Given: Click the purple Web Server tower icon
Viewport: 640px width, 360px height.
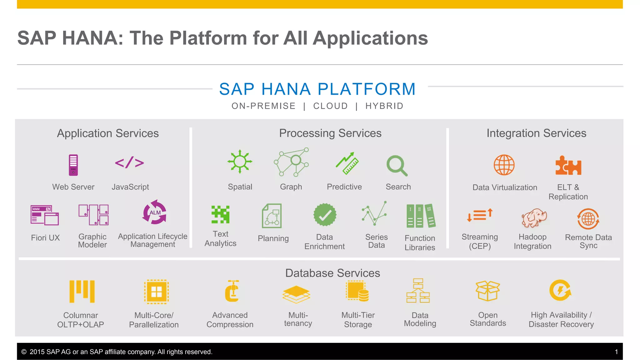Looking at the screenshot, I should point(73,165).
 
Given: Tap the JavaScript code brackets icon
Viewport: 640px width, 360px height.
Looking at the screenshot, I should point(129,163).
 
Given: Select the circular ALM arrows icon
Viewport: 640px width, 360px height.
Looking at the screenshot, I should point(155,212).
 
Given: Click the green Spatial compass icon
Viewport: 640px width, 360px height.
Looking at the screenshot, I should point(240,162).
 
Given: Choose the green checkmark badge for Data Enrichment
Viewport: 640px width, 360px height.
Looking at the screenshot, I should point(325,215).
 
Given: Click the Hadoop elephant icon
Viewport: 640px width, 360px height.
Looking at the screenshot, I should point(534,218).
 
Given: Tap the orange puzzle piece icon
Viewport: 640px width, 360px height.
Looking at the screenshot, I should point(568,165).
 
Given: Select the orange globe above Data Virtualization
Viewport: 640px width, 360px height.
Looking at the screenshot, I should point(504,165).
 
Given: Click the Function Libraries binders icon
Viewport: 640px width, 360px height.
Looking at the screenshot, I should point(421,216).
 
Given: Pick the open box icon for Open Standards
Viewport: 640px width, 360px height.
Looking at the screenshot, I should point(488,291).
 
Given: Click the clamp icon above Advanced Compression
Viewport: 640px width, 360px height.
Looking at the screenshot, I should point(232,291).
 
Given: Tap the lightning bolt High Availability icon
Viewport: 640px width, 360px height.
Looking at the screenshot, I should point(560,290).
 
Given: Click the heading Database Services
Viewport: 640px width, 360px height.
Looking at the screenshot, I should point(332,273).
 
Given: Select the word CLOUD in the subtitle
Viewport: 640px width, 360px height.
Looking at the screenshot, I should point(331,106).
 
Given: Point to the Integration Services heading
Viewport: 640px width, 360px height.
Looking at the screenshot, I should point(536,133).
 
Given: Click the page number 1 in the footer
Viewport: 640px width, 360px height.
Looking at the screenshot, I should point(616,352).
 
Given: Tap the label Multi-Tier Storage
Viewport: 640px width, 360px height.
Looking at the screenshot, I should point(358,320).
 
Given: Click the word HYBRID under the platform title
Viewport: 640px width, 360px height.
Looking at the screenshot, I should point(384,106).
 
